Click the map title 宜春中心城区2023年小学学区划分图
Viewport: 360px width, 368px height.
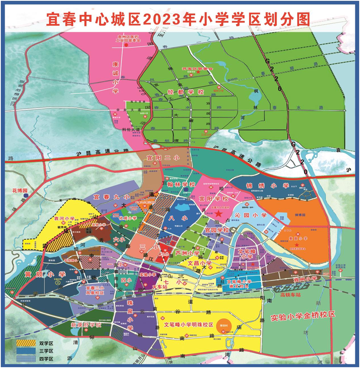click(x=180, y=19)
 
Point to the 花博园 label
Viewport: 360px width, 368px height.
click(x=19, y=191)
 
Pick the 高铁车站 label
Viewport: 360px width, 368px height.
click(x=291, y=295)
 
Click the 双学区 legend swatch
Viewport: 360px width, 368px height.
click(x=25, y=344)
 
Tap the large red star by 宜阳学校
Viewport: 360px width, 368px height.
click(x=218, y=213)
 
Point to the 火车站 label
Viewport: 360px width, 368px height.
click(x=159, y=286)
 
